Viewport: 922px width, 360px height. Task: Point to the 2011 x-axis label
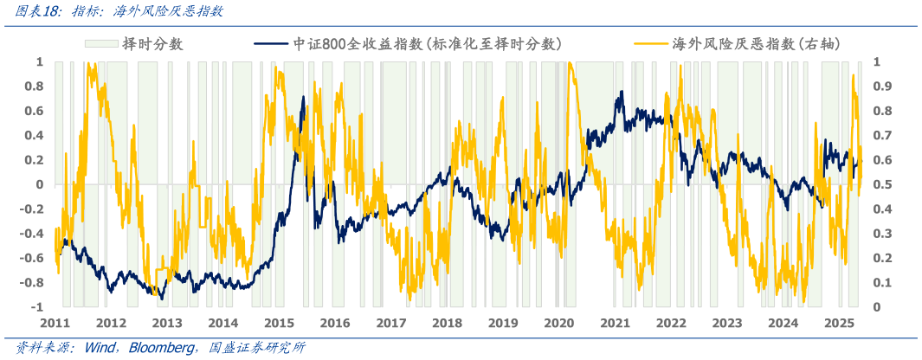click(x=55, y=323)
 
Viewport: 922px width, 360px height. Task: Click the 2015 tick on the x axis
click(x=279, y=323)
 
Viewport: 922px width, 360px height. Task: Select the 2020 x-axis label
click(x=558, y=323)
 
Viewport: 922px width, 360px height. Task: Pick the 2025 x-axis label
click(x=839, y=323)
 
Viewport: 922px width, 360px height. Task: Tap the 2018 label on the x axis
click(x=447, y=323)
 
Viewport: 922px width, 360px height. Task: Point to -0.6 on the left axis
click(x=32, y=259)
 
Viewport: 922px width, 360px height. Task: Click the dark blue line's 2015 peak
click(x=304, y=97)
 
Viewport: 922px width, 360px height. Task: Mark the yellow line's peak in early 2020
click(x=570, y=64)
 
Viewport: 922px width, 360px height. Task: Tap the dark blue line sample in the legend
click(x=270, y=43)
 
